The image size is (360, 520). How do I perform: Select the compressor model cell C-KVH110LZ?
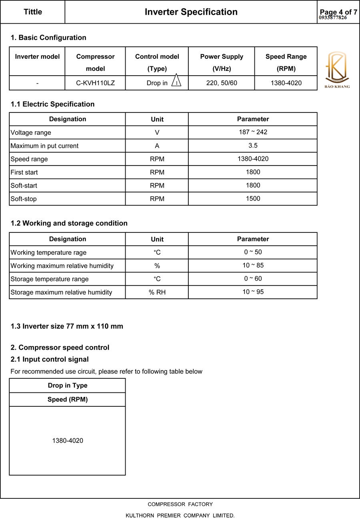tap(95, 83)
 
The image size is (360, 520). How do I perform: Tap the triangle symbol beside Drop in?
tap(176, 81)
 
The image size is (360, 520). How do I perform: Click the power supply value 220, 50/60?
tap(221, 83)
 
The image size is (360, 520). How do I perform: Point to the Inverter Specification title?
tap(191, 12)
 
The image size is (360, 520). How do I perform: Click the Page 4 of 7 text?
tap(338, 12)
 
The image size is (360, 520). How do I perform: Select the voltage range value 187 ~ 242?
tap(253, 132)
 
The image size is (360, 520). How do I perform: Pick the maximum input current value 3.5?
tap(253, 146)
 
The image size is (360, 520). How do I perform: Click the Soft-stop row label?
tap(24, 199)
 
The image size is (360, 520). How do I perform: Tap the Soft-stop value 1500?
tap(253, 198)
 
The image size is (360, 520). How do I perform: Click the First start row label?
tap(24, 172)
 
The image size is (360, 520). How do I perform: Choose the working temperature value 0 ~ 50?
tap(253, 252)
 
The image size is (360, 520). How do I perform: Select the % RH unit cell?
tap(157, 292)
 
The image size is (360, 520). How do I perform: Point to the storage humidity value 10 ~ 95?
tap(253, 292)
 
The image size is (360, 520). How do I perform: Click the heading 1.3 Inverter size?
tap(67, 326)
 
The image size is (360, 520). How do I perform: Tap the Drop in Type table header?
tap(67, 386)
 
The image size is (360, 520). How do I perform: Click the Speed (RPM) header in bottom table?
tap(67, 400)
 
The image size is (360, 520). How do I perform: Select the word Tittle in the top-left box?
tap(33, 12)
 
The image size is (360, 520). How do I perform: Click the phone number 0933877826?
tap(333, 18)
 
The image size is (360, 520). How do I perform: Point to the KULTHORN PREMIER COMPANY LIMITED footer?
tap(180, 516)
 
